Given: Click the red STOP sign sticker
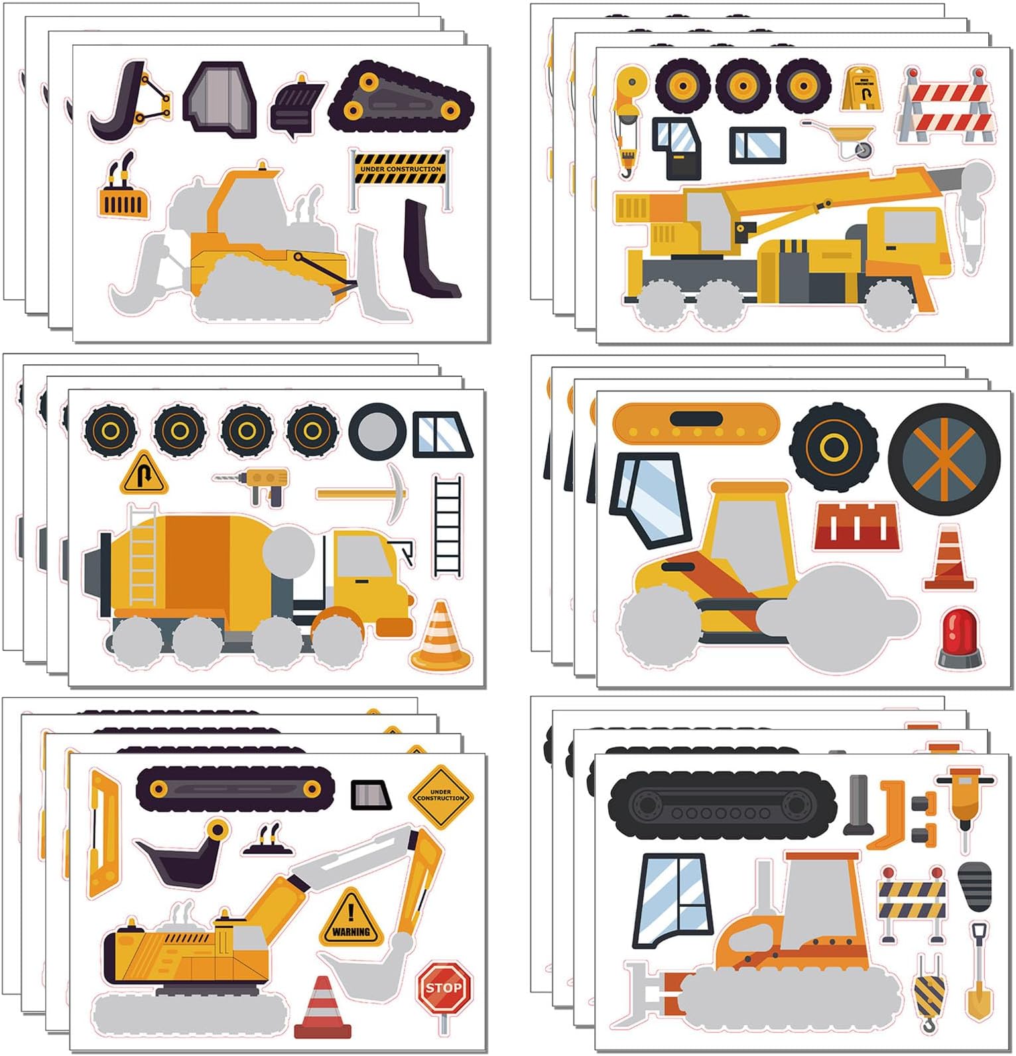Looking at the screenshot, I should pos(444,988).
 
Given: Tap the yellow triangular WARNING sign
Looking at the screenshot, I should pos(351,920).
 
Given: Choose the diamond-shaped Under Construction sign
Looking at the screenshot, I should pos(440,796).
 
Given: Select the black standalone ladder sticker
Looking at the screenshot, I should pos(448,525).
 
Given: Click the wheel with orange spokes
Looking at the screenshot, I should pos(944,459).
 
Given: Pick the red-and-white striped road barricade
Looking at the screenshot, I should pos(946,106).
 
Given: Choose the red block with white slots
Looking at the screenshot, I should pos(857,527).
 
